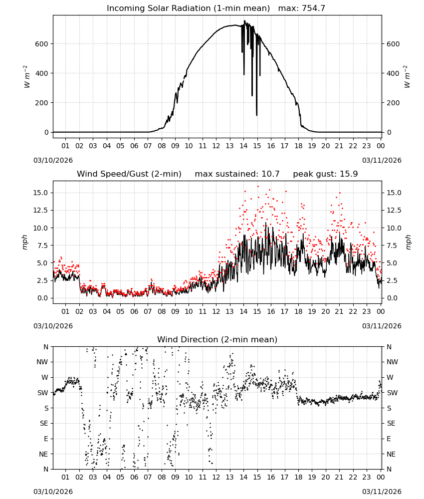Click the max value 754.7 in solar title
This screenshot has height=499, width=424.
click(x=313, y=8)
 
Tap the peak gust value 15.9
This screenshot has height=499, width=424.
click(x=349, y=174)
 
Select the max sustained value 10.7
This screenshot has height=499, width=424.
click(x=270, y=174)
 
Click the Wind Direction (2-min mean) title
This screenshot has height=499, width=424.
click(x=217, y=339)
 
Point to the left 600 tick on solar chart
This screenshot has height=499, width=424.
click(x=42, y=44)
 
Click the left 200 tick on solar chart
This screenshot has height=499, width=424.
click(x=42, y=103)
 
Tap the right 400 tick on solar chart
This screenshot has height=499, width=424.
click(x=393, y=73)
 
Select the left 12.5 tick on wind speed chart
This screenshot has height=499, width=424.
click(x=41, y=211)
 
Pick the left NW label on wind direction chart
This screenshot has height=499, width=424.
click(x=42, y=362)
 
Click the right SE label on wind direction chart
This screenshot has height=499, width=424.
click(x=391, y=423)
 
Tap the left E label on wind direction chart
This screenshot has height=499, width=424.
click(x=46, y=439)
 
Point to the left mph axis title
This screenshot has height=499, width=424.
click(x=25, y=242)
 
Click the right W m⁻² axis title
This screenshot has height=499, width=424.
click(x=407, y=77)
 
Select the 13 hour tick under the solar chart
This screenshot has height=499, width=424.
click(x=229, y=146)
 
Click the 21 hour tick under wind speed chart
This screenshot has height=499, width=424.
click(x=339, y=311)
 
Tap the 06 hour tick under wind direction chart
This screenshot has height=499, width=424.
click(x=134, y=477)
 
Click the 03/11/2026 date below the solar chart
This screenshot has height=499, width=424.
click(x=382, y=160)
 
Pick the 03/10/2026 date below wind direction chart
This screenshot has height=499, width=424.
click(x=53, y=492)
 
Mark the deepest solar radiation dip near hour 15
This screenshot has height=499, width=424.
click(x=257, y=115)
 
